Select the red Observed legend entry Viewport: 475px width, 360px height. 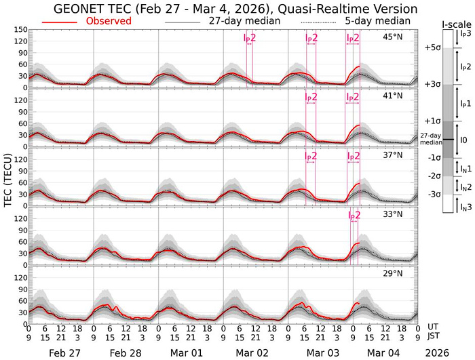109,21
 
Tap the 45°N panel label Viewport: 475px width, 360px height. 392,37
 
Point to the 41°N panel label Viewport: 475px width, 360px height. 392,96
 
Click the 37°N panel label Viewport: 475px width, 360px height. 392,155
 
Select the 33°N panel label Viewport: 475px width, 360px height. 392,214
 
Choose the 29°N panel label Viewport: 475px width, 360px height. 392,273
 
